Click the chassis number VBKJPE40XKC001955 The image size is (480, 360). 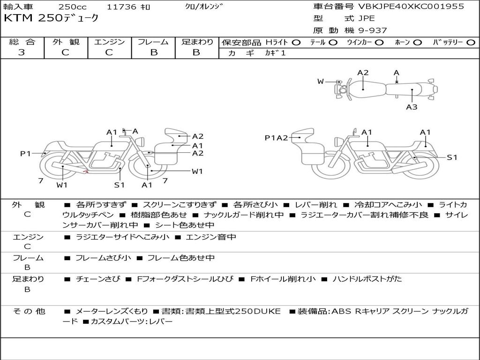[411, 7]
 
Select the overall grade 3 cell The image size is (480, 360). [22, 52]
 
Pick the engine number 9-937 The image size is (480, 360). [373, 30]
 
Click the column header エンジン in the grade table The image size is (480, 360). [109, 42]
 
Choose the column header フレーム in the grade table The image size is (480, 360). [153, 42]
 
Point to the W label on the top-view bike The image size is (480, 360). [321, 82]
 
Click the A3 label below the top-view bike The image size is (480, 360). [412, 107]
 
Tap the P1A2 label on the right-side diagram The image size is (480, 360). [276, 137]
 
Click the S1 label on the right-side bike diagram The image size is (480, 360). [451, 157]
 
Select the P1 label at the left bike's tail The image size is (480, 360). [25, 153]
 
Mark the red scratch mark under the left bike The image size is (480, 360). [86, 172]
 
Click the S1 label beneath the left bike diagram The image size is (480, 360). [120, 185]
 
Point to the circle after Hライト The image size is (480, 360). [296, 42]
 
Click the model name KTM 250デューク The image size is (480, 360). [52, 18]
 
